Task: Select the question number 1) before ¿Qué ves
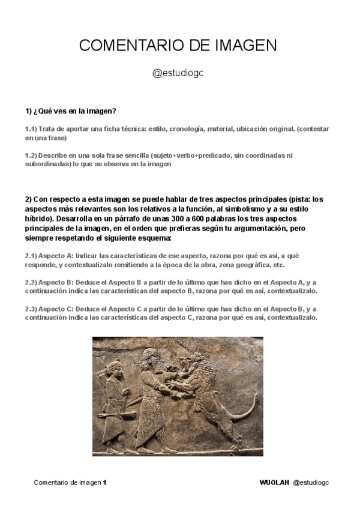click(29, 111)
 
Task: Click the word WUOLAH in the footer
click(274, 482)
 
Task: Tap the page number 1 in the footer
click(104, 482)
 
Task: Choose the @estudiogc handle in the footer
click(311, 482)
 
